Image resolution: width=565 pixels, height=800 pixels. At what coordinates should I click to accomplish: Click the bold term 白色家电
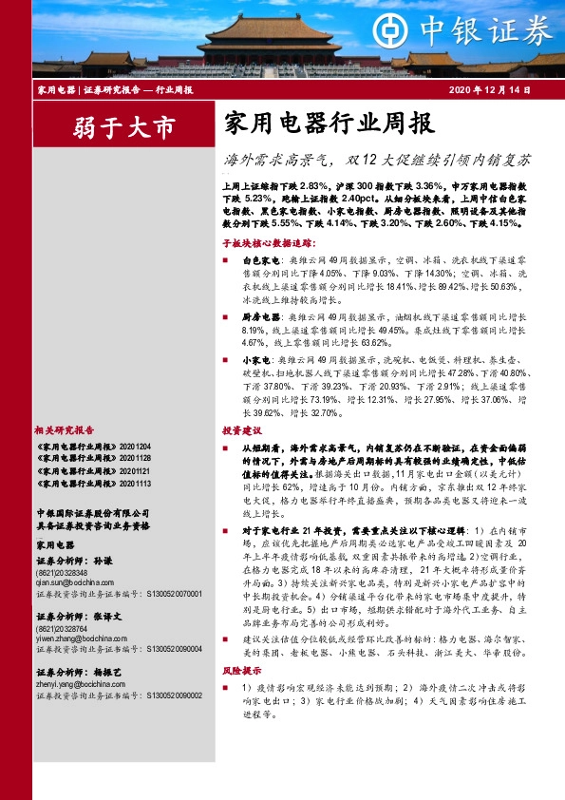pyautogui.click(x=261, y=259)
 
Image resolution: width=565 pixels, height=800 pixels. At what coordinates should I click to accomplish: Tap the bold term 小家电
pyautogui.click(x=256, y=360)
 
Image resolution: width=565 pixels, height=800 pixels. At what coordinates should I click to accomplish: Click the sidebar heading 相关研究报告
pyautogui.click(x=67, y=429)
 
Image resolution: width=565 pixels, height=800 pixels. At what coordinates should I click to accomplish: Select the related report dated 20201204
pyautogui.click(x=92, y=446)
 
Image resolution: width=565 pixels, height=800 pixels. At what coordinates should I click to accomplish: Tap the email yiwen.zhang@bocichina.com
pyautogui.click(x=78, y=638)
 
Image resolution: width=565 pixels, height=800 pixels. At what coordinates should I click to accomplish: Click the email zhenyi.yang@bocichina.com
pyautogui.click(x=78, y=684)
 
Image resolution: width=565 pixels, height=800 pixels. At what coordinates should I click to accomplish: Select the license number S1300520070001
pyautogui.click(x=173, y=593)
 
